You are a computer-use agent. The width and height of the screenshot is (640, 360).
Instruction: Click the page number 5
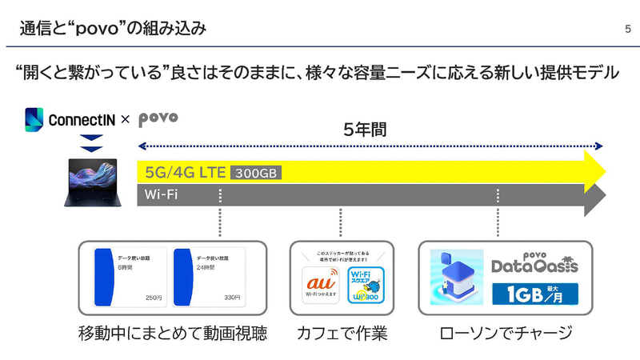point(627,30)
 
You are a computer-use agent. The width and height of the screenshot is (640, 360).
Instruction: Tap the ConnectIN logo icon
point(34,120)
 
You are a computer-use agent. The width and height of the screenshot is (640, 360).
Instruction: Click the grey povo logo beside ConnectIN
point(158,119)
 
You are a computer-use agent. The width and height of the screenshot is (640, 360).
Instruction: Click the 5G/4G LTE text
point(185,172)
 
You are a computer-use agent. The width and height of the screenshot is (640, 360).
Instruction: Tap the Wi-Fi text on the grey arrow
point(161,194)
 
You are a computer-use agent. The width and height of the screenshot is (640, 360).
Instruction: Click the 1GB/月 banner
point(537,294)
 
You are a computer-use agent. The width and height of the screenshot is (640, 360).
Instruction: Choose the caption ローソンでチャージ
point(506,333)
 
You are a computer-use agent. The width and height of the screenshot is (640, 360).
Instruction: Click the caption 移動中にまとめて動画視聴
point(172,333)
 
